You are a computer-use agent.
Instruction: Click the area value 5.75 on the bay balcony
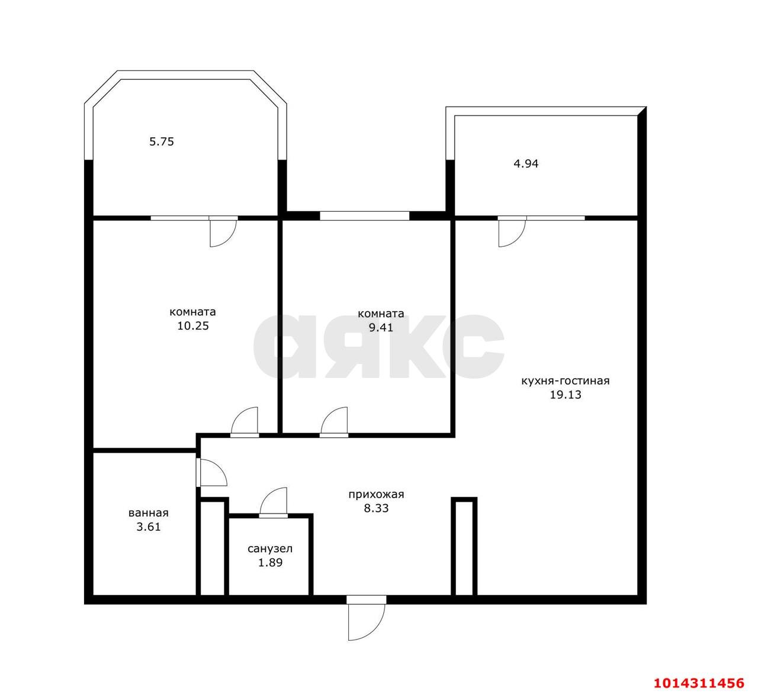point(162,142)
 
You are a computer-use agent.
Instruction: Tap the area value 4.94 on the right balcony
point(526,163)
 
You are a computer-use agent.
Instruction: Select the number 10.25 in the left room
point(193,326)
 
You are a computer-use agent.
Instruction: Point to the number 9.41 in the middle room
point(381,327)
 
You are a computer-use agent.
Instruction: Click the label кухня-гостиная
point(566,380)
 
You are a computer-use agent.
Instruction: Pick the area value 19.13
point(566,395)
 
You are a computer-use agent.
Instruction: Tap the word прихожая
point(377,495)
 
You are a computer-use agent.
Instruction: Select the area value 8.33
point(377,508)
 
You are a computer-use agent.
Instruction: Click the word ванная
point(149,513)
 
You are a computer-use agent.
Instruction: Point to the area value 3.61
point(149,527)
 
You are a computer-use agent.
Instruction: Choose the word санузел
point(270,549)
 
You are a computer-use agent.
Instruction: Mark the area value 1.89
point(270,563)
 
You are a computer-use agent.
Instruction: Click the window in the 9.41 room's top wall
point(365,216)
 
